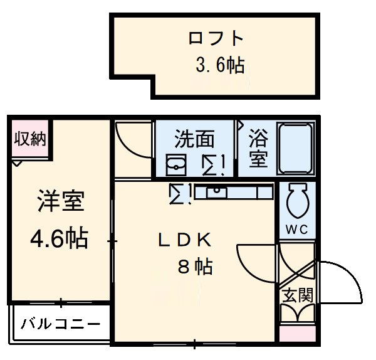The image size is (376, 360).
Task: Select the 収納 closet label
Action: pos(30,139)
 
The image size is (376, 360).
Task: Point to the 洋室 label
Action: pos(59,203)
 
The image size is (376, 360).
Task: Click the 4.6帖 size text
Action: pos(59,239)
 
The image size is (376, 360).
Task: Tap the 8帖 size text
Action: pos(194,267)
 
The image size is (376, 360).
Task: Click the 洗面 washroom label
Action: pos(194,138)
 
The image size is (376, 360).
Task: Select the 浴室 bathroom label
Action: pos(258,149)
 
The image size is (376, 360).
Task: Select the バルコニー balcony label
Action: pos(60,324)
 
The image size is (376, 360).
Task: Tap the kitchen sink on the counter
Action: pos(218,191)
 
